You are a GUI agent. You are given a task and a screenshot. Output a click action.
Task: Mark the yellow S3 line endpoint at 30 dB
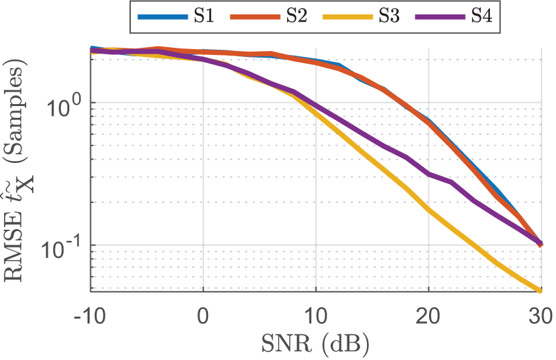point(541,291)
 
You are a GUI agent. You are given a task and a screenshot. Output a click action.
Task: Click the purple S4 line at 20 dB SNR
point(429,174)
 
